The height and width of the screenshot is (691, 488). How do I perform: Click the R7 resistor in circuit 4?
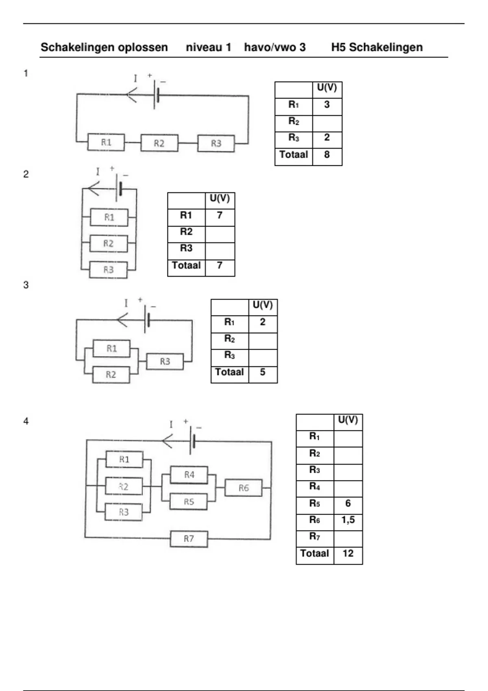pyautogui.click(x=189, y=539)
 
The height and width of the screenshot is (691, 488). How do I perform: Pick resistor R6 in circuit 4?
pyautogui.click(x=244, y=488)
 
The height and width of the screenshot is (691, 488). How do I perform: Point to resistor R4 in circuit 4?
pyautogui.click(x=189, y=475)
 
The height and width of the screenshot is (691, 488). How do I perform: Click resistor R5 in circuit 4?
pyautogui.click(x=189, y=502)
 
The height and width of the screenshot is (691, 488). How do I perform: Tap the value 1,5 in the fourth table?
pyautogui.click(x=348, y=520)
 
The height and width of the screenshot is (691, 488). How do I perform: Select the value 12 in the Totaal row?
pyautogui.click(x=348, y=553)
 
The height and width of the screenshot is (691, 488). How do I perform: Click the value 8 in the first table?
pyautogui.click(x=327, y=154)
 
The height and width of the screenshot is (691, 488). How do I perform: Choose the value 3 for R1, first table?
pyautogui.click(x=327, y=104)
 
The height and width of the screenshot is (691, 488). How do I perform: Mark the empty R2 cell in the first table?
pyautogui.click(x=327, y=124)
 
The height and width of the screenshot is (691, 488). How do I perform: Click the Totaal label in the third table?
pyautogui.click(x=229, y=372)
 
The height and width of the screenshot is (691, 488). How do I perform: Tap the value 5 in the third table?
pyautogui.click(x=263, y=372)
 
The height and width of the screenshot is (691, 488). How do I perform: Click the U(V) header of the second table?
pyautogui.click(x=220, y=198)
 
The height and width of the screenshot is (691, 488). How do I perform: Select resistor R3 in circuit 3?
pyautogui.click(x=165, y=361)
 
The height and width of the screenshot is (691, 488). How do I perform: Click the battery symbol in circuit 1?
pyautogui.click(x=156, y=95)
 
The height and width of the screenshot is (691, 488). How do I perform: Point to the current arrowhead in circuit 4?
pyautogui.click(x=167, y=441)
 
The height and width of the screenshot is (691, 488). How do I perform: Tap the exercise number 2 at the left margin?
pyautogui.click(x=26, y=174)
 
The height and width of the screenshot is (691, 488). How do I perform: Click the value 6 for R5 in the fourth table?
pyautogui.click(x=348, y=503)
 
